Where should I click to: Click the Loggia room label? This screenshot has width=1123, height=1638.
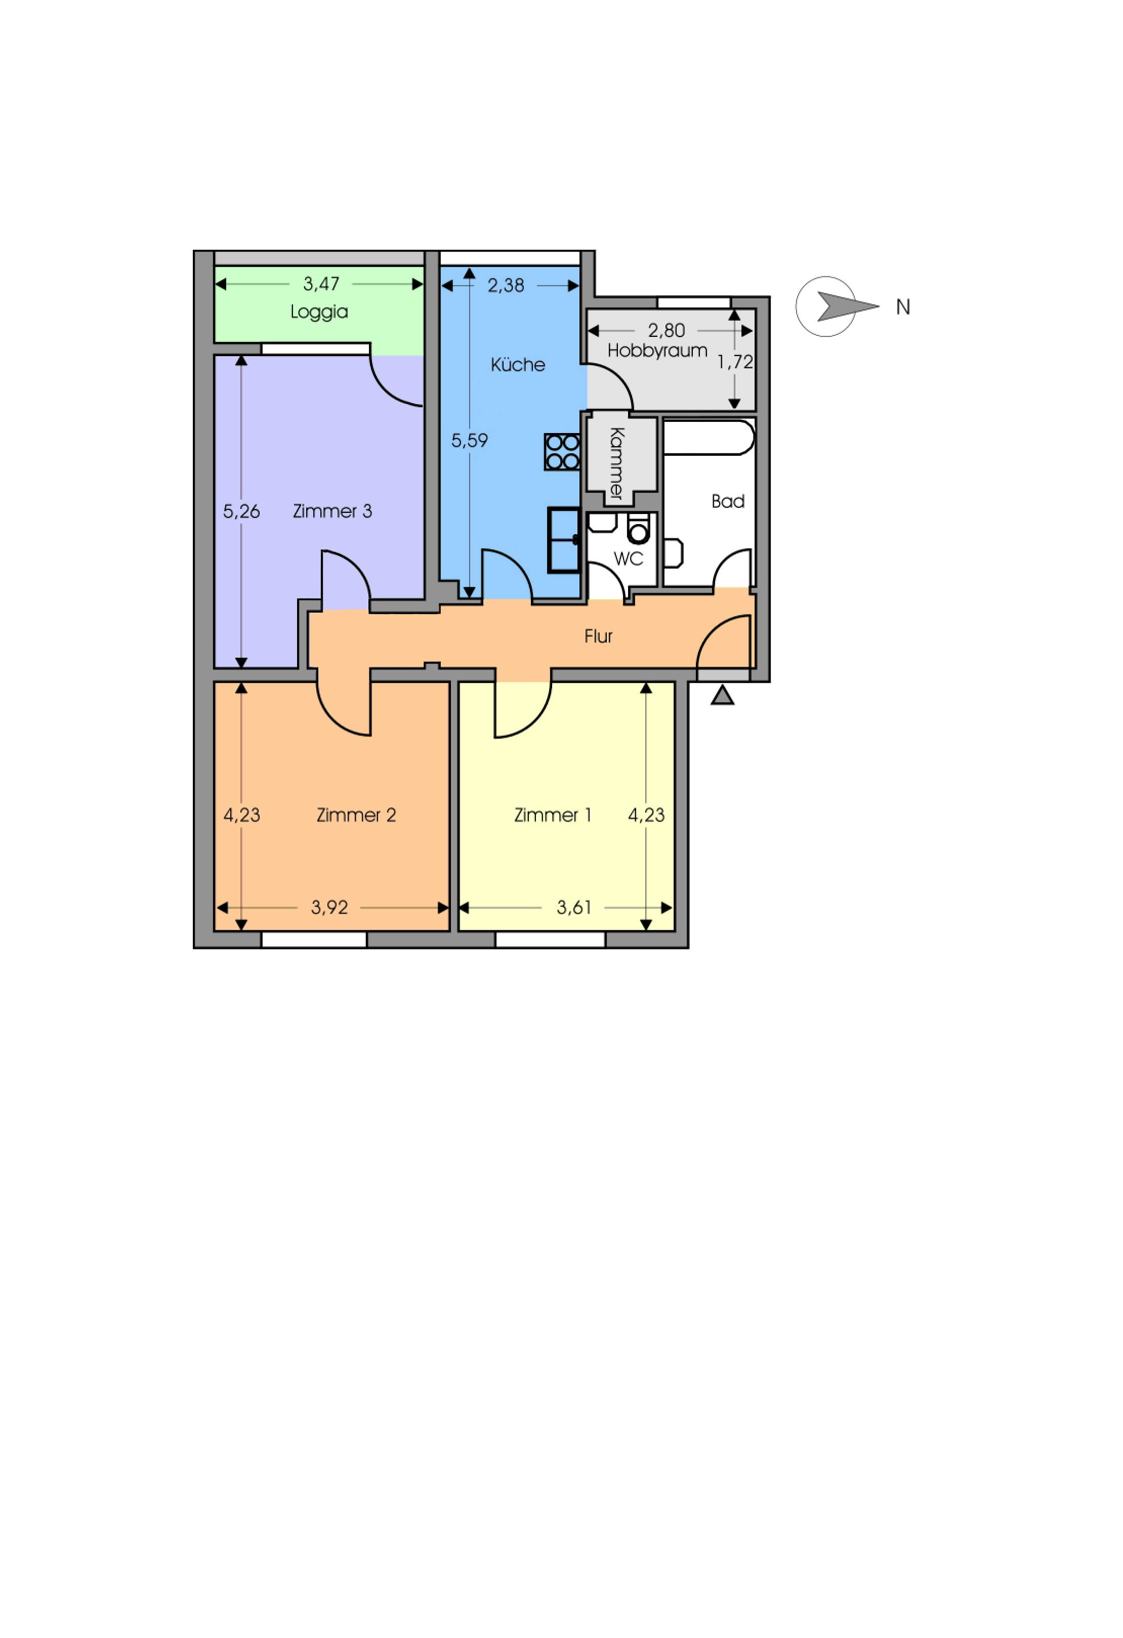319,312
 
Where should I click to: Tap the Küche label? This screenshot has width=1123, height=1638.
518,364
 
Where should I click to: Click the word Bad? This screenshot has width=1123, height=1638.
728,501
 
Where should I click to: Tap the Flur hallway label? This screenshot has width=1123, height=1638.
599,636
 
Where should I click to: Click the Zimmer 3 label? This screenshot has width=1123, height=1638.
332,511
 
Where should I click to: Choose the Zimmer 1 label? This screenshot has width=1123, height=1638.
553,815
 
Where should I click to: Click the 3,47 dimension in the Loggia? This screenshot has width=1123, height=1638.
321,284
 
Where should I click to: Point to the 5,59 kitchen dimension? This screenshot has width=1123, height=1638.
470,441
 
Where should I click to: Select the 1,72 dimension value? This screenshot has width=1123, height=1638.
735,362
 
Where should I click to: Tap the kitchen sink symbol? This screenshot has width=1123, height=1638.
564,540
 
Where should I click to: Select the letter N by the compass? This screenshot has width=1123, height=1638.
903,307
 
